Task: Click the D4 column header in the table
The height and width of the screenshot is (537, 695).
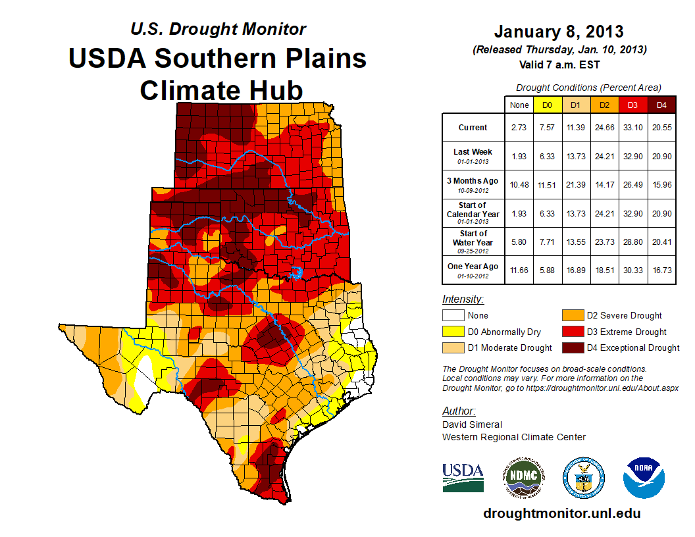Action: tap(661, 105)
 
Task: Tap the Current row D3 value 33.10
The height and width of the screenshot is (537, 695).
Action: tap(633, 128)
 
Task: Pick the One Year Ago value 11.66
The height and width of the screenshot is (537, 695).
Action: tap(519, 270)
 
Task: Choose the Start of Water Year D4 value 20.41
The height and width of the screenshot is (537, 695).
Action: tap(661, 242)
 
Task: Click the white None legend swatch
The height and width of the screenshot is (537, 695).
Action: tap(453, 316)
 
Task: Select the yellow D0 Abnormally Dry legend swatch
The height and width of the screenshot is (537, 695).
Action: tap(453, 332)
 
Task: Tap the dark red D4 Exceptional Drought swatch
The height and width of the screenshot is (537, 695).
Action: tap(573, 347)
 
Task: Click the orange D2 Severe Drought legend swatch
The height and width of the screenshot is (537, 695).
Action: tap(573, 316)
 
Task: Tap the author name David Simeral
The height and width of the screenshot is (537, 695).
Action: tap(472, 424)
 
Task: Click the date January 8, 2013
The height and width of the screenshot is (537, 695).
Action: tap(559, 32)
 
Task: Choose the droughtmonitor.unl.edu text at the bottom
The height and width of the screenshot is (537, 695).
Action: tap(562, 513)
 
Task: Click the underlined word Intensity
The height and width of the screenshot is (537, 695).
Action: tap(463, 299)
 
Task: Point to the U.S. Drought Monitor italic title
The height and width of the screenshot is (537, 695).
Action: tap(218, 30)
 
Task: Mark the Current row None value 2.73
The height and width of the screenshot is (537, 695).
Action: tap(519, 128)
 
